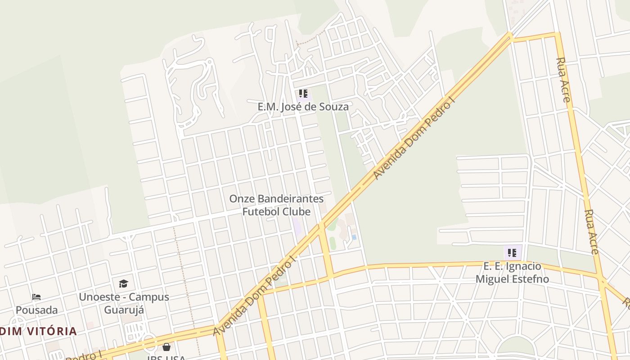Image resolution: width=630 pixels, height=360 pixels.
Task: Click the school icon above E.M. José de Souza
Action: (x=303, y=94)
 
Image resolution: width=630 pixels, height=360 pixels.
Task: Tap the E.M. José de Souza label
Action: (x=303, y=107)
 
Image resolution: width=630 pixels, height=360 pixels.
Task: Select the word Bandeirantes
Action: (x=291, y=199)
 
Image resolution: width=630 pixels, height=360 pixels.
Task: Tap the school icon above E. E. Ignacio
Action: (x=512, y=253)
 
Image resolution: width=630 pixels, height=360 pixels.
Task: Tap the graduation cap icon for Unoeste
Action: (x=123, y=283)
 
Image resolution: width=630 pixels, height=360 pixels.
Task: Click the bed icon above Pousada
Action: (x=36, y=297)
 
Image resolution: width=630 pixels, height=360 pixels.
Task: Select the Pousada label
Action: (x=37, y=310)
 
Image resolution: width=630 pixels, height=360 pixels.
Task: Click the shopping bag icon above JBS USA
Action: (x=166, y=347)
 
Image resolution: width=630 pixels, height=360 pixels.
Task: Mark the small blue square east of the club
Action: (x=354, y=237)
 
